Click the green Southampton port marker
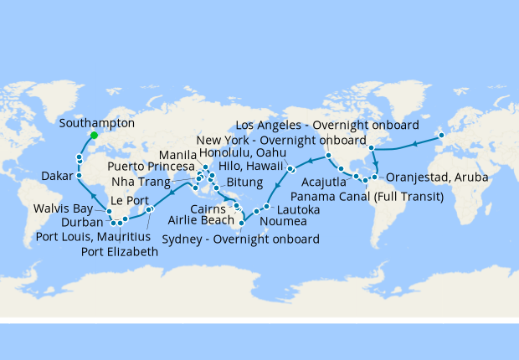94,135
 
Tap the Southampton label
98,122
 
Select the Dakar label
54,176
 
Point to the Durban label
83,224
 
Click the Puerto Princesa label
152,166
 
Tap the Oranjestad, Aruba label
436,178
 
